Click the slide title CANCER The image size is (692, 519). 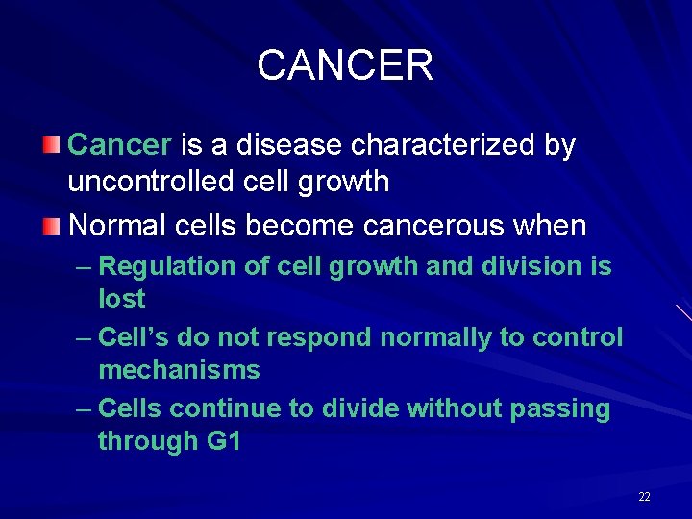click(345, 65)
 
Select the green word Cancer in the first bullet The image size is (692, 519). click(120, 145)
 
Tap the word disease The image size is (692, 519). click(274, 145)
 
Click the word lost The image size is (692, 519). click(121, 299)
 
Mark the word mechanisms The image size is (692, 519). click(179, 370)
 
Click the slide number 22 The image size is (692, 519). click(644, 497)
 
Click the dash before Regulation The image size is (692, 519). click(83, 267)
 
